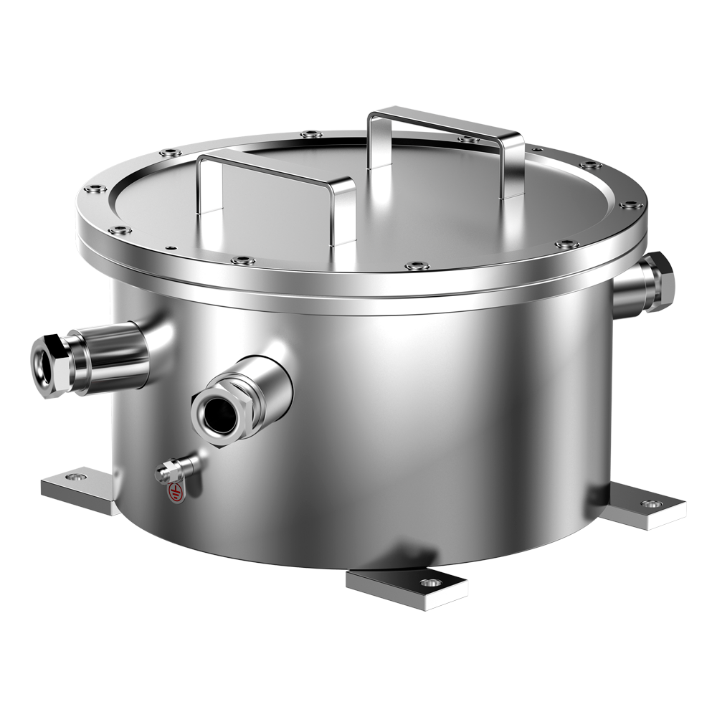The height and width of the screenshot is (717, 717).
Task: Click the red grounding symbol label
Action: (175, 493)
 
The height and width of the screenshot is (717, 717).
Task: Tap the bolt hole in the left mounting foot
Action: (74, 476)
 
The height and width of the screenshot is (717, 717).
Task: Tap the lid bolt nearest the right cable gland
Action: (566, 244)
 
